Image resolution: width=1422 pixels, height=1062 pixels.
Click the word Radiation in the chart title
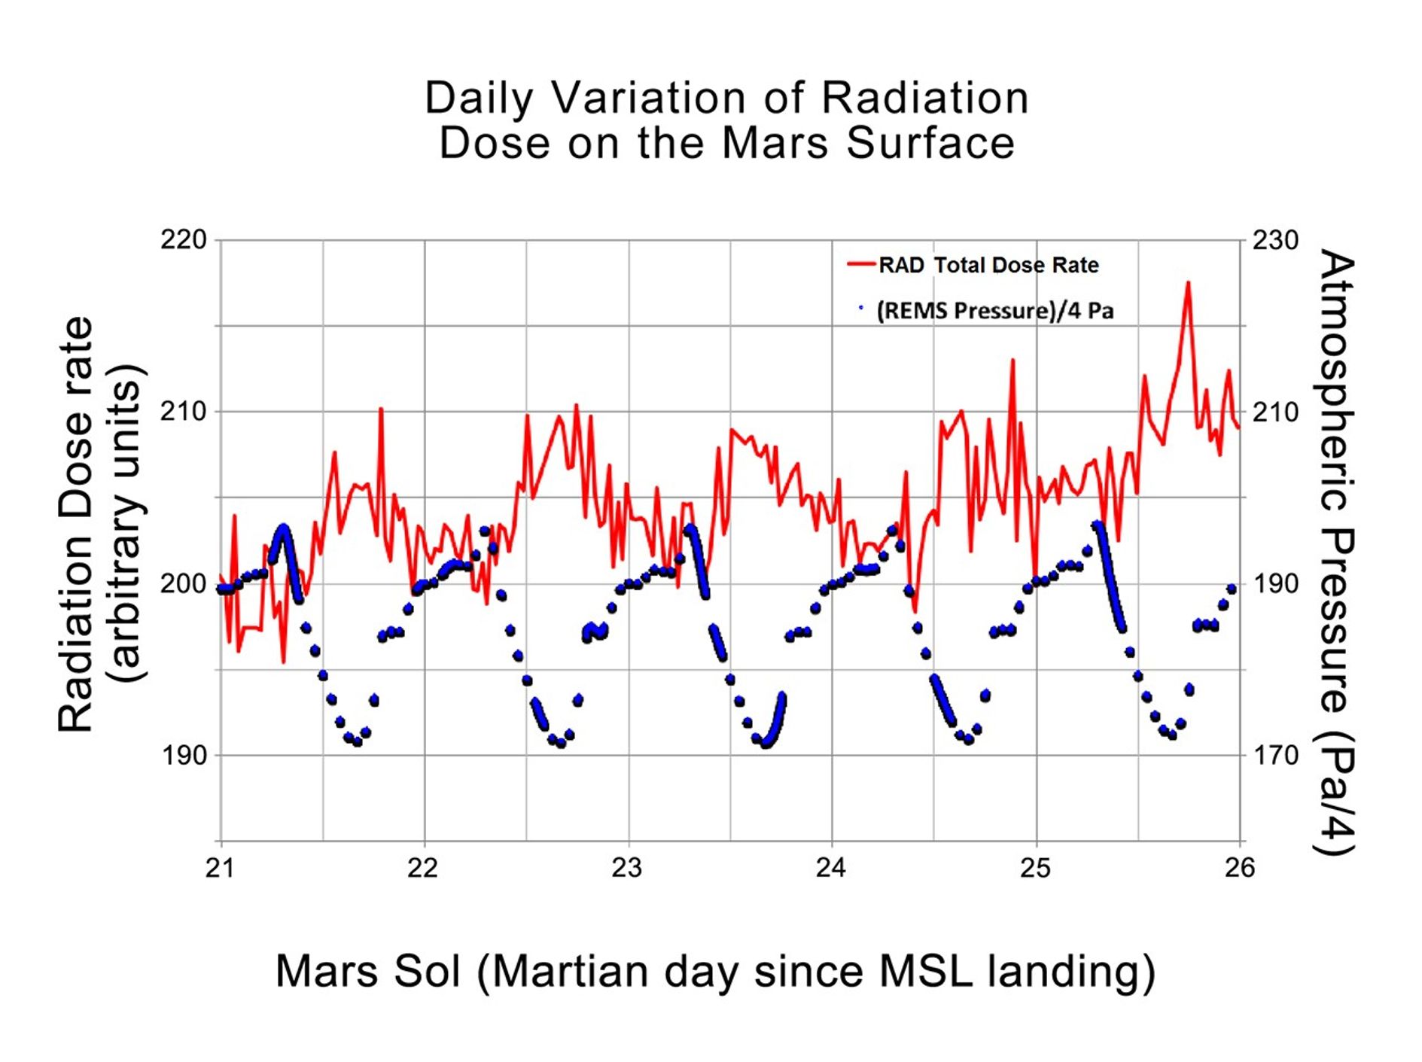pos(924,98)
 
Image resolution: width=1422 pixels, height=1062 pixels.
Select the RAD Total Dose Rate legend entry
pos(988,265)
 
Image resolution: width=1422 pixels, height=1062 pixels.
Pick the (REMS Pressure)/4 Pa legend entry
pos(994,311)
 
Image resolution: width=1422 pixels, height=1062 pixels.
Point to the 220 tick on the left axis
pos(183,240)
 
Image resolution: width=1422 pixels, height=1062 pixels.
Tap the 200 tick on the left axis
pos(183,583)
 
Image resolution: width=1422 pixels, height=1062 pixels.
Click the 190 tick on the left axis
pos(183,755)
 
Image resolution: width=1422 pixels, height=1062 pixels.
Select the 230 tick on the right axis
pos(1275,240)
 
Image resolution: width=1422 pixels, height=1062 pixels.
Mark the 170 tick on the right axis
pos(1275,755)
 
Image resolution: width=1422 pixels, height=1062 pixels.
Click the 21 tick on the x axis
pos(220,869)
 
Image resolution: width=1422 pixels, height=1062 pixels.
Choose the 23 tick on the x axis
pos(627,869)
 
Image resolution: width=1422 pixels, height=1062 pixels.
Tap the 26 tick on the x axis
pos(1239,869)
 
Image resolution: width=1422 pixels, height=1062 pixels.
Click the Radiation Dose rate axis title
pos(75,524)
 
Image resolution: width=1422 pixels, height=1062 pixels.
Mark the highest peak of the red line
pos(1188,283)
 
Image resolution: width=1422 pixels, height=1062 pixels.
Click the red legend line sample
pos(861,264)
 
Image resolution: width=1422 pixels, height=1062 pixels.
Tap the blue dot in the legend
pos(860,308)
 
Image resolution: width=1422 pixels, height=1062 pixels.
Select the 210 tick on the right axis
pos(1275,412)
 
